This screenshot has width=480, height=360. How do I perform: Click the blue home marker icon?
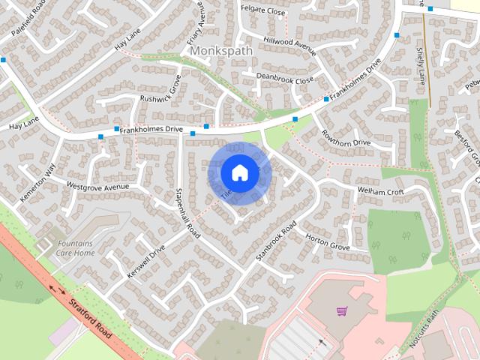point(239,172)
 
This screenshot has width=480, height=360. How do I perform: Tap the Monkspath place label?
point(223,50)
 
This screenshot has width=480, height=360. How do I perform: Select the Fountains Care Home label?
point(75,248)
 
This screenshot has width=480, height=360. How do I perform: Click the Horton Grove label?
point(328,242)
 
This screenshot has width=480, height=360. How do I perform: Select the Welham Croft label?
point(381,192)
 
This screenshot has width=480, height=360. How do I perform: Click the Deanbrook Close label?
point(284,79)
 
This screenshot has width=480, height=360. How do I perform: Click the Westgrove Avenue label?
point(97,185)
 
